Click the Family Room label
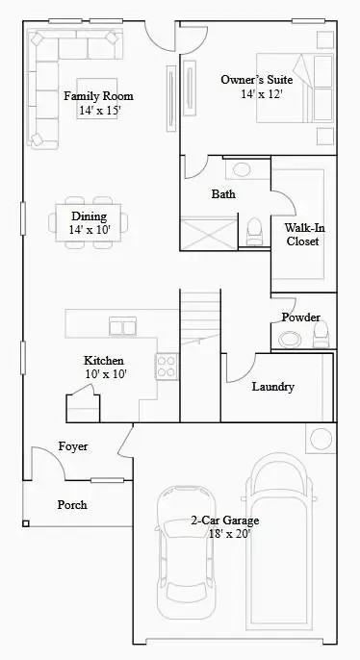pos(98,96)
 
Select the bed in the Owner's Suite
pos(310,87)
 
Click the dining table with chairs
pos(88,223)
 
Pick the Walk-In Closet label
pos(302,235)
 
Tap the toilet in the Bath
pos(255,230)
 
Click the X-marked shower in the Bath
pos(207,234)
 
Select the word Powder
pos(300,317)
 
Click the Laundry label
pos(272,387)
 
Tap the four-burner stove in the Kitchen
pos(167,366)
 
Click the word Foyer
pos(73,446)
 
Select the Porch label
pos(71,504)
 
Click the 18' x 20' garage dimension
pos(223,535)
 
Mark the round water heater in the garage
pos(319,439)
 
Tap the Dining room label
pos(88,216)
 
